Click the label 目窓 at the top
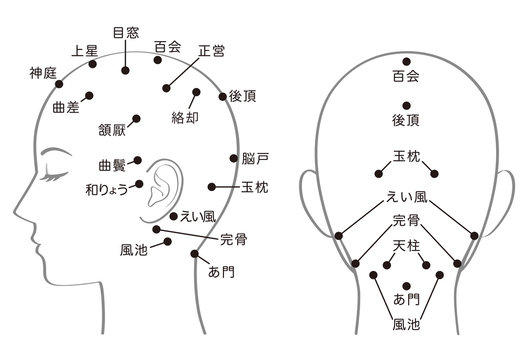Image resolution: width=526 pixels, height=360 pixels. (x=126, y=33)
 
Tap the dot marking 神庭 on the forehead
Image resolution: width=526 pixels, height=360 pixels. (x=59, y=84)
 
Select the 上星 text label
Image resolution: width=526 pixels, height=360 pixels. (x=85, y=51)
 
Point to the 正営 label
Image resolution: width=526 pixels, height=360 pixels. (x=211, y=51)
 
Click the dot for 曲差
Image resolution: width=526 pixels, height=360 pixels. (x=89, y=96)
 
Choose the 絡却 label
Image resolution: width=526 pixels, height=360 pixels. (x=185, y=118)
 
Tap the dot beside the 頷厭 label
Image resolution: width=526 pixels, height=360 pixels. (x=136, y=118)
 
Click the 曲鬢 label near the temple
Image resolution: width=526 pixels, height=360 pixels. (x=112, y=165)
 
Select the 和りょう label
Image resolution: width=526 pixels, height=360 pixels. (x=107, y=190)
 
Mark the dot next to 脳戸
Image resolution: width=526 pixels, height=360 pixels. (x=233, y=158)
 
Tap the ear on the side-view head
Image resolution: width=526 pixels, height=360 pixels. (x=162, y=191)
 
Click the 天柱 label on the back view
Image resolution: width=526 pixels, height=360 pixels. (x=406, y=247)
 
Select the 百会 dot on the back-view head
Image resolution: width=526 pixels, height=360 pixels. (x=407, y=61)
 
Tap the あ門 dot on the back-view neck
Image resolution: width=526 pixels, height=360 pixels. (x=407, y=286)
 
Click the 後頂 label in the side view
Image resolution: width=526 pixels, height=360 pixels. (x=243, y=96)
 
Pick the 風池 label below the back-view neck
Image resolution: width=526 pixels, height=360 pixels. (x=406, y=325)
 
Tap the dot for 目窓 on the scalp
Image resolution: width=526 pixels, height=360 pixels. (x=125, y=70)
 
